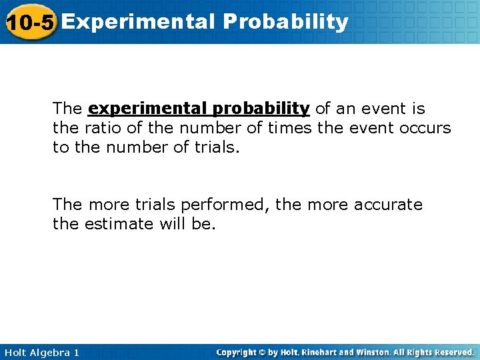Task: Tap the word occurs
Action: (425, 128)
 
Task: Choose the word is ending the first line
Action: (418, 109)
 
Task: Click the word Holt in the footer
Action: (15, 352)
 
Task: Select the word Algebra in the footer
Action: (49, 352)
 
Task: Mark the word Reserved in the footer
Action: (453, 352)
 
